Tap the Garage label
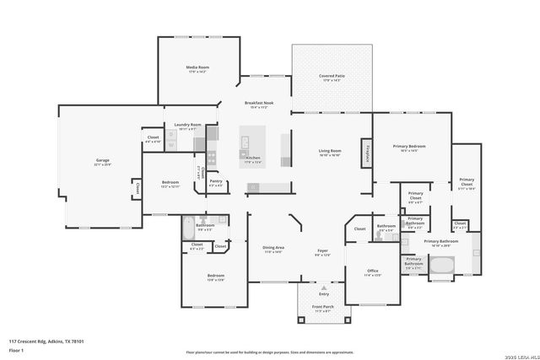pyautogui.click(x=102, y=160)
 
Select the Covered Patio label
pyautogui.click(x=332, y=76)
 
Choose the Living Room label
pyautogui.click(x=329, y=151)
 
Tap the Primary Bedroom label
pyautogui.click(x=408, y=147)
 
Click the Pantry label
pyautogui.click(x=216, y=181)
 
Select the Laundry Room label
pyautogui.click(x=188, y=125)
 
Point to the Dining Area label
pyautogui.click(x=273, y=248)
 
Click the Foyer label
pyautogui.click(x=322, y=250)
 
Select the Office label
pyautogui.click(x=372, y=271)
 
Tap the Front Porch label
pyautogui.click(x=323, y=308)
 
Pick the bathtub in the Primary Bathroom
pyautogui.click(x=442, y=268)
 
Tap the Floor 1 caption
pyautogui.click(x=16, y=349)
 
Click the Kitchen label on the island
pyautogui.click(x=253, y=158)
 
